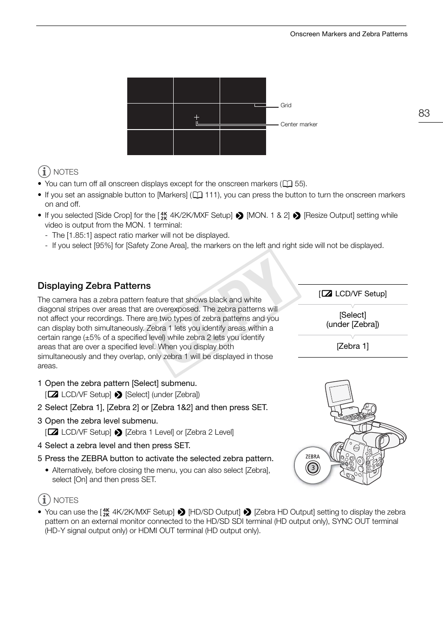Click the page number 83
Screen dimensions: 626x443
click(424, 113)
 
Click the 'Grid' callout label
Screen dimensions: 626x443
click(286, 105)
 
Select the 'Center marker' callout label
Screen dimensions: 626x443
click(299, 124)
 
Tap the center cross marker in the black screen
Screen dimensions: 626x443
click(196, 117)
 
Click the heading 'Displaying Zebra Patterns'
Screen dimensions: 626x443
click(94, 286)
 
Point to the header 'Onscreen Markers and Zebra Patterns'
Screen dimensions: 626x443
click(348, 34)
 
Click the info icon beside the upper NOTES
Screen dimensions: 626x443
click(44, 172)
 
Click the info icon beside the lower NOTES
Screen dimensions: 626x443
click(44, 500)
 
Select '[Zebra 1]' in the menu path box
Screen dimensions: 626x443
click(352, 346)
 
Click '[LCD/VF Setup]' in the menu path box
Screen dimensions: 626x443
click(352, 293)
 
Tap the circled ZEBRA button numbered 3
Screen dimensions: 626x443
click(313, 467)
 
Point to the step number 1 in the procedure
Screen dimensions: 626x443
click(40, 383)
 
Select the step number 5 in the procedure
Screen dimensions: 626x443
click(40, 458)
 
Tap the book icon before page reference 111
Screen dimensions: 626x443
click(197, 195)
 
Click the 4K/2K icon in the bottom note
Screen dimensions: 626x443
click(106, 512)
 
